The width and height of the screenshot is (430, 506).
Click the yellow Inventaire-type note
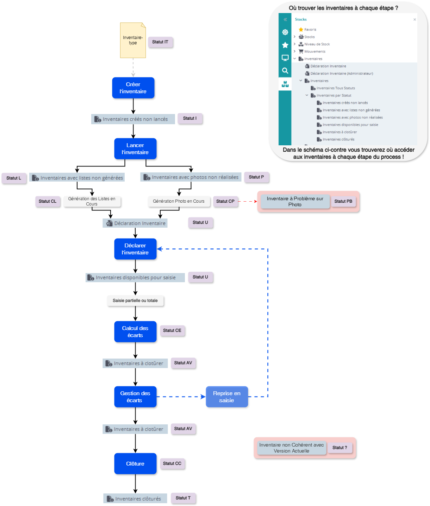(x=133, y=40)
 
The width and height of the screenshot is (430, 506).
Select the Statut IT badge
(x=160, y=42)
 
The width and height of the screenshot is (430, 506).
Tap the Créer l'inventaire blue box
(x=133, y=88)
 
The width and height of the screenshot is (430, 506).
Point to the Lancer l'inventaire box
(x=135, y=148)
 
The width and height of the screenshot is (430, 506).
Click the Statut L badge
(x=14, y=178)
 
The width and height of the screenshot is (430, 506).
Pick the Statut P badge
(x=256, y=177)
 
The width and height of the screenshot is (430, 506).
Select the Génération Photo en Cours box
(x=179, y=201)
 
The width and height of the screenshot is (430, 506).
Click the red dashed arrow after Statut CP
(x=248, y=202)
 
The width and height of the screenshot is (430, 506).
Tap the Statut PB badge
(x=343, y=201)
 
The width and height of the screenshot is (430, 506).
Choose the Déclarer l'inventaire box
(x=135, y=249)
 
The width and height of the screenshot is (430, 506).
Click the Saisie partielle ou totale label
(x=135, y=301)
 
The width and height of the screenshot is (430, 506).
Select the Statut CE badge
(x=172, y=330)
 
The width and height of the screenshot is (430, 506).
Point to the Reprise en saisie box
(x=227, y=397)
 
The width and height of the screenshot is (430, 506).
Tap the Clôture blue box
(x=135, y=463)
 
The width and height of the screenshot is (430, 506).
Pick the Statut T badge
(x=183, y=498)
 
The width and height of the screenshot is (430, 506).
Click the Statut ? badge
(x=340, y=448)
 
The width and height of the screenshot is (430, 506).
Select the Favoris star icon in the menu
(x=301, y=30)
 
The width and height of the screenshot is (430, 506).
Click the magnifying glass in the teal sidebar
(x=285, y=71)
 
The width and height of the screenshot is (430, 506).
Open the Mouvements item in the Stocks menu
(x=314, y=51)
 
